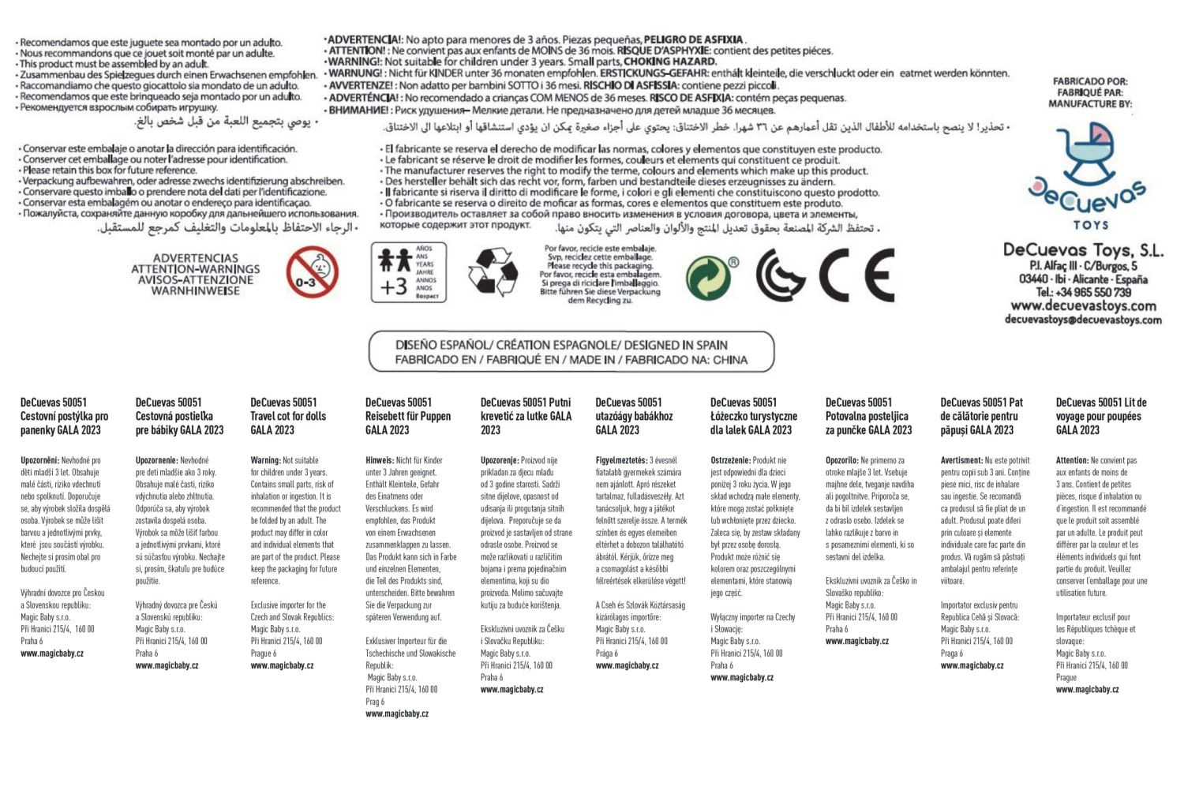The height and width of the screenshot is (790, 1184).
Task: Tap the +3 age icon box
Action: (x=408, y=273)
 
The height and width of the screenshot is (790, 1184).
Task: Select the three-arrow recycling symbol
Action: (x=493, y=273)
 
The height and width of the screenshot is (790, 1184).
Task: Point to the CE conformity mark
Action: (x=856, y=275)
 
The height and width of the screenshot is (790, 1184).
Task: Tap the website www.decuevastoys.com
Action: (x=1083, y=305)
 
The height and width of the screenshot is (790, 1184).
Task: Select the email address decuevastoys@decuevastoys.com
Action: (x=1083, y=320)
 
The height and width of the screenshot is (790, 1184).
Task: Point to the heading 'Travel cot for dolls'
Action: (x=288, y=416)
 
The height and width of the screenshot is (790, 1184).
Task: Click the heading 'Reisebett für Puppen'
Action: (x=408, y=416)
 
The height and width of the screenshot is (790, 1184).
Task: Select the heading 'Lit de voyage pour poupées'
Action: (x=1101, y=416)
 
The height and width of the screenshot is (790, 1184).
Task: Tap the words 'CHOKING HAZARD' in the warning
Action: (x=670, y=62)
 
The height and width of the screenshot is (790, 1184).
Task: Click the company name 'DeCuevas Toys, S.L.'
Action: (x=1083, y=250)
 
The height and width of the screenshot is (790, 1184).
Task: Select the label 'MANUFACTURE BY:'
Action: (x=1090, y=103)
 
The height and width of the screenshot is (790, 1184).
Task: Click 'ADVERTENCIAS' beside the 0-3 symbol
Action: (x=195, y=258)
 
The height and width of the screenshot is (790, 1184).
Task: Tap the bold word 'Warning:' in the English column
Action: (x=265, y=460)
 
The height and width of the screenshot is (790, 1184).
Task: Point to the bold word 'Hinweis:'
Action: (x=380, y=460)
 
